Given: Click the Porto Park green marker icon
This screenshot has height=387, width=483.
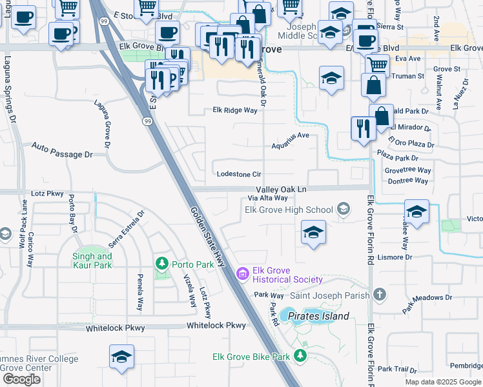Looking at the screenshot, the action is coord(162,264).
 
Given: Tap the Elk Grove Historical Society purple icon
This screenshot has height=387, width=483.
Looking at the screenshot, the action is coord(242,275).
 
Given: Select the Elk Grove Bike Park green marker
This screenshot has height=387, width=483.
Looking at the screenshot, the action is coord(300,356).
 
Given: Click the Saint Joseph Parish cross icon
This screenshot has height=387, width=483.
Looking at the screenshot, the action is coord(380,295).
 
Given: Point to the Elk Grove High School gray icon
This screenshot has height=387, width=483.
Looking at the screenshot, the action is coord(344,209).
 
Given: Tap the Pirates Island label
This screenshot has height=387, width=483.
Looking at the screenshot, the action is coord(318,316).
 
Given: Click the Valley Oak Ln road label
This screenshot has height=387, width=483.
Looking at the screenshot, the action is coord(280,189).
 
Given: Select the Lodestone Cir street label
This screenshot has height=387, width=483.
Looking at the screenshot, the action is coord(239,174).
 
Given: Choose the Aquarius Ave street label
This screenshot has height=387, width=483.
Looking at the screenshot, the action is coord(290,136).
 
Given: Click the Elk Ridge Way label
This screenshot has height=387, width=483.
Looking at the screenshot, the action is coord(235,110).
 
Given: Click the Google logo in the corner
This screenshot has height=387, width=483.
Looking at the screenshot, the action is coord(21,379).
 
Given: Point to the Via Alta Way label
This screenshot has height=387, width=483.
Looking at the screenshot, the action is coord(268,198).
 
